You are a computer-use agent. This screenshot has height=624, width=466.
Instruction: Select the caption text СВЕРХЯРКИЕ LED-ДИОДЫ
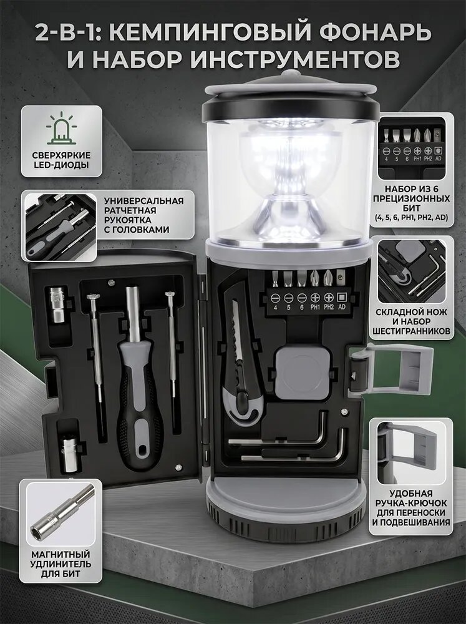[62, 160]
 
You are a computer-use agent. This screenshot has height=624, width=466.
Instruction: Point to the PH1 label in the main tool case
[315, 307]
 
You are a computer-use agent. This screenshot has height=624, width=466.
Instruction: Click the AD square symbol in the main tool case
[341, 297]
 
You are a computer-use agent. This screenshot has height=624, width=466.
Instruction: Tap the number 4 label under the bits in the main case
[275, 308]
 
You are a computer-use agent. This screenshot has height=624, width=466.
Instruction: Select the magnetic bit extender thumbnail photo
[61, 513]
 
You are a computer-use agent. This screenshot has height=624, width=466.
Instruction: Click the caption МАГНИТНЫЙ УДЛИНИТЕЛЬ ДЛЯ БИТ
[61, 564]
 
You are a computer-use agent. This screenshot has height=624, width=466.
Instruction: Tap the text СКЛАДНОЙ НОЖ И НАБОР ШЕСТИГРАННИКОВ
[412, 321]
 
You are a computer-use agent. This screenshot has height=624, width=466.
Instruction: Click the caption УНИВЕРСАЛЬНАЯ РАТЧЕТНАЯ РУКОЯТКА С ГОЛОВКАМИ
[144, 215]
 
